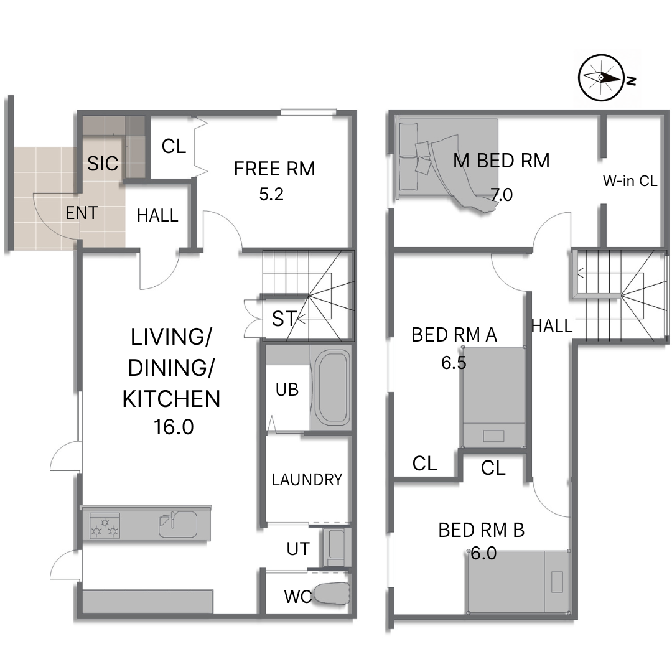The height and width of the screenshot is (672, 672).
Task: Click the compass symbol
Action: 600,78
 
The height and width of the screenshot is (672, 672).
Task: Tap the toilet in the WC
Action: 332,594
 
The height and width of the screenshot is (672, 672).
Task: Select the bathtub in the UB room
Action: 332,388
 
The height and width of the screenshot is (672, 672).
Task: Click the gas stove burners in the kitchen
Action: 105,525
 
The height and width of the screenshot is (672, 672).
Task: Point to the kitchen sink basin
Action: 178,524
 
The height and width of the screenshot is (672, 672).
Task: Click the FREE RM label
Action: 274,169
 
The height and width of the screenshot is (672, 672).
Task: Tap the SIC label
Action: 103,163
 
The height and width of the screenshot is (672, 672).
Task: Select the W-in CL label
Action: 630,181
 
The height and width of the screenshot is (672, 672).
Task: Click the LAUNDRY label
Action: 307,480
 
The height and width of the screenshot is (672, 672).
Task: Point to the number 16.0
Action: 174,427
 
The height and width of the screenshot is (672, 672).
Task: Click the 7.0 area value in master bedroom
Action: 502,195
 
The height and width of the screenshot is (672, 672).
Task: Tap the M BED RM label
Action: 501,161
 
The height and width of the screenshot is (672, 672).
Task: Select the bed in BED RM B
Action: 518,582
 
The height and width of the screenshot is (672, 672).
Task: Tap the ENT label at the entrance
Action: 82,213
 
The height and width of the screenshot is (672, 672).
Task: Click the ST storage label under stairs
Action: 284,319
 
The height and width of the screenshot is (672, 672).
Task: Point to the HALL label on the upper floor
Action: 551,327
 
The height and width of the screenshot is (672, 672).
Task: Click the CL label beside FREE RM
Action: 174,147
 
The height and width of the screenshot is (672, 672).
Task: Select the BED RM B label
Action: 481,530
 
